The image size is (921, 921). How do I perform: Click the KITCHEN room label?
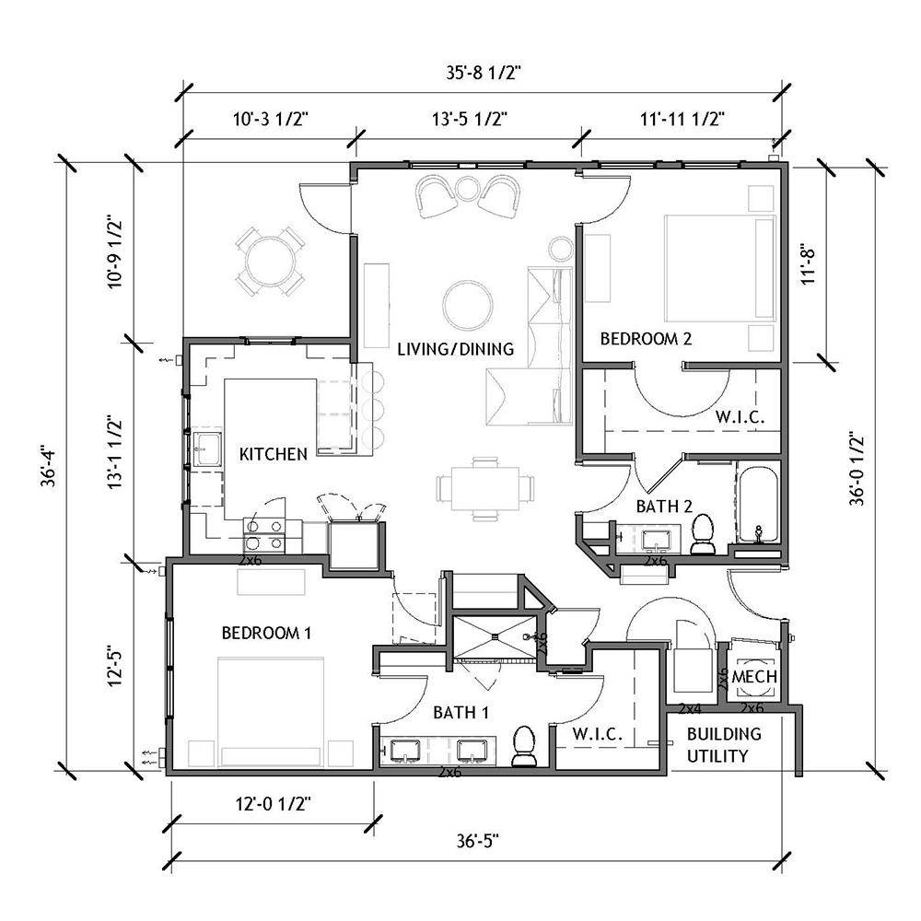274,454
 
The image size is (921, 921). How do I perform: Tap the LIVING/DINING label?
455,349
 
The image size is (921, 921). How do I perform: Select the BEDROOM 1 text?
266,633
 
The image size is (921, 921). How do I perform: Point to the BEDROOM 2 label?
646,338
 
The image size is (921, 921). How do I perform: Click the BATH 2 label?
664,506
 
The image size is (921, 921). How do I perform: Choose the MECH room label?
754,677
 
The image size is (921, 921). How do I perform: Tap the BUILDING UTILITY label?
724,745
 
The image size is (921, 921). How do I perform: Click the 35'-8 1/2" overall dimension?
484,73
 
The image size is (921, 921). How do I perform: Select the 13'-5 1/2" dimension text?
470,119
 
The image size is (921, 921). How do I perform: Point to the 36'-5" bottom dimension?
477,841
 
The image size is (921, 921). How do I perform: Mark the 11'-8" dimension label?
810,265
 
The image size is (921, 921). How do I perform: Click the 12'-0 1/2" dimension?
274,803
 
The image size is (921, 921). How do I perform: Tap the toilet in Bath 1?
524,746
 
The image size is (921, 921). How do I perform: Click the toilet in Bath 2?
703,534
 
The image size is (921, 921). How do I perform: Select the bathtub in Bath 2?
758,505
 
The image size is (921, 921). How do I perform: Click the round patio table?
270,262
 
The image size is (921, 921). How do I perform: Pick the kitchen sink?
207,449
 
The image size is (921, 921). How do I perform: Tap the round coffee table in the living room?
468,306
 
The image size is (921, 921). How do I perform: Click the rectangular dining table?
485,489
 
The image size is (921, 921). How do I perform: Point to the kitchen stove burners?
263,535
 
